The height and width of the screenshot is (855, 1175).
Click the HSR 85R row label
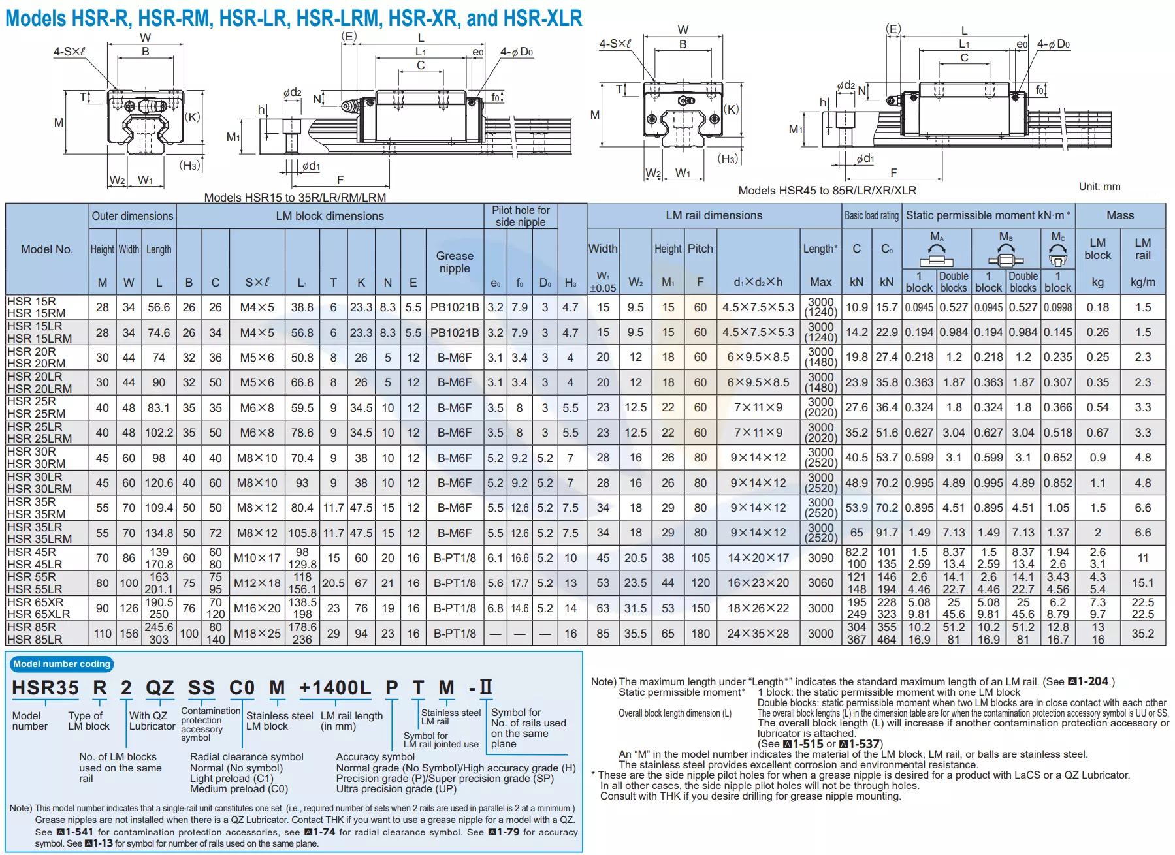point(31,627)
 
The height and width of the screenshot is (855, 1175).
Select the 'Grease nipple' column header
point(455,262)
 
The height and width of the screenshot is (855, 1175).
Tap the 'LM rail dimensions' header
point(714,215)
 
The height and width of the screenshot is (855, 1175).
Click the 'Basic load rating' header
point(871,215)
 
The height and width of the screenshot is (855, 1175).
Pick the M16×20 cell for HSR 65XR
point(257,608)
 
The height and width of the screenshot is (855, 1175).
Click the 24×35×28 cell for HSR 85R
point(758,634)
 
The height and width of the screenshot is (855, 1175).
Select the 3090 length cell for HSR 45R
point(820,558)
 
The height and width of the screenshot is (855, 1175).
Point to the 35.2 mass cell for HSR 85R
point(1142,634)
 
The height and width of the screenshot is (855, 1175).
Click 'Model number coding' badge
point(62,664)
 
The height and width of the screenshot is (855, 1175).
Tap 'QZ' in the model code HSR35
point(159,688)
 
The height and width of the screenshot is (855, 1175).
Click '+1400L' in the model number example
point(334,688)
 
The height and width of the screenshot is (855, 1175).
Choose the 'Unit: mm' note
point(1099,187)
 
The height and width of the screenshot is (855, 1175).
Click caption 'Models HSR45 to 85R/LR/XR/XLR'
point(827,191)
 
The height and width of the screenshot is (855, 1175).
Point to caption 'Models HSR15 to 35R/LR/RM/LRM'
point(295,198)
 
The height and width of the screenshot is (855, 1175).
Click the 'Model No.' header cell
point(46,249)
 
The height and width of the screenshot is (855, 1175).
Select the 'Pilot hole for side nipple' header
point(521,216)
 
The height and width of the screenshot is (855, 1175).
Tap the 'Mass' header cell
point(1120,215)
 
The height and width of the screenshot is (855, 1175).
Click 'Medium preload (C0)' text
point(238,788)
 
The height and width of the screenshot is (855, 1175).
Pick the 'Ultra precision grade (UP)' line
point(396,788)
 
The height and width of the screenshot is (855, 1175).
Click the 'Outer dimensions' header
point(133,216)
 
